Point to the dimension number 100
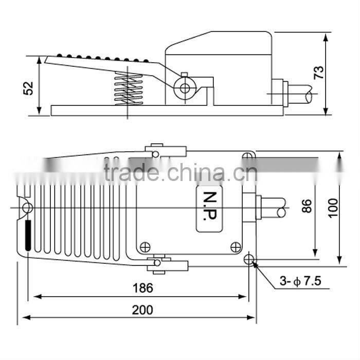tap(334, 207)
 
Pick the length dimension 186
tap(142, 288)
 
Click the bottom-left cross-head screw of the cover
tap(146, 246)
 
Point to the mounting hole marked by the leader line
tap(250, 259)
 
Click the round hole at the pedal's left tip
tap(27, 208)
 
